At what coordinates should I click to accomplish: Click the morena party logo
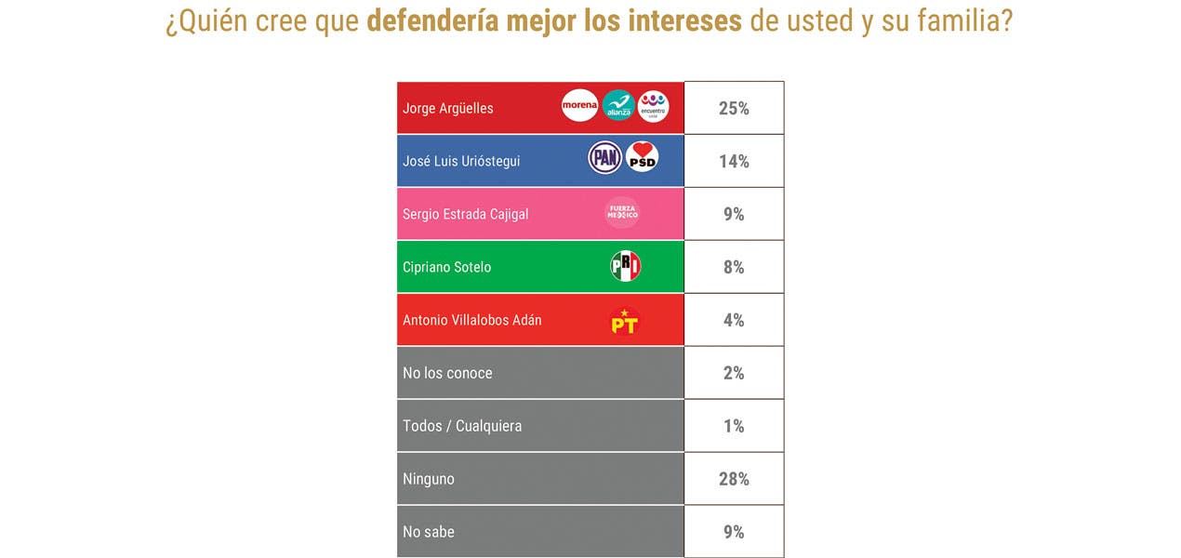pyautogui.click(x=579, y=106)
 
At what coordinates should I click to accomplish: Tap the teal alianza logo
pyautogui.click(x=618, y=106)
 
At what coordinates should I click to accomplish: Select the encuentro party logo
pyautogui.click(x=653, y=106)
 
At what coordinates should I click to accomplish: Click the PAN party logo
pyautogui.click(x=605, y=157)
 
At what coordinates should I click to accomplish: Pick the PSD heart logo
pyautogui.click(x=642, y=157)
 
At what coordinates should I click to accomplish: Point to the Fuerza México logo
pyautogui.click(x=622, y=213)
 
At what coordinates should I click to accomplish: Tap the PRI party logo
pyautogui.click(x=625, y=267)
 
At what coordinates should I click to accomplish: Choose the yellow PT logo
pyautogui.click(x=624, y=322)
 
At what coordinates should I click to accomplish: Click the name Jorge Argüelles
pyautogui.click(x=448, y=108)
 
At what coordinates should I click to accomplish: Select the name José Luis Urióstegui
pyautogui.click(x=461, y=161)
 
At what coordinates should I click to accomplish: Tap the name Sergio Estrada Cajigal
pyautogui.click(x=465, y=214)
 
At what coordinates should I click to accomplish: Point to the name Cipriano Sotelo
pyautogui.click(x=446, y=267)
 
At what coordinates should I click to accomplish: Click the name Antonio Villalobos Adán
pyautogui.click(x=471, y=320)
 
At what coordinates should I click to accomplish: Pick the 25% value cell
pyautogui.click(x=734, y=108)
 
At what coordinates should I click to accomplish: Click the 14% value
pyautogui.click(x=734, y=161)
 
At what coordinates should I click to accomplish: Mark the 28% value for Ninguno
pyautogui.click(x=734, y=479)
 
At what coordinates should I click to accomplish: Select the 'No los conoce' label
pyautogui.click(x=447, y=373)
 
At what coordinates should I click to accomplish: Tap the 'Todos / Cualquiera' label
pyautogui.click(x=462, y=426)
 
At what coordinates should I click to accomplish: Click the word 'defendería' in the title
pyautogui.click(x=432, y=20)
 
